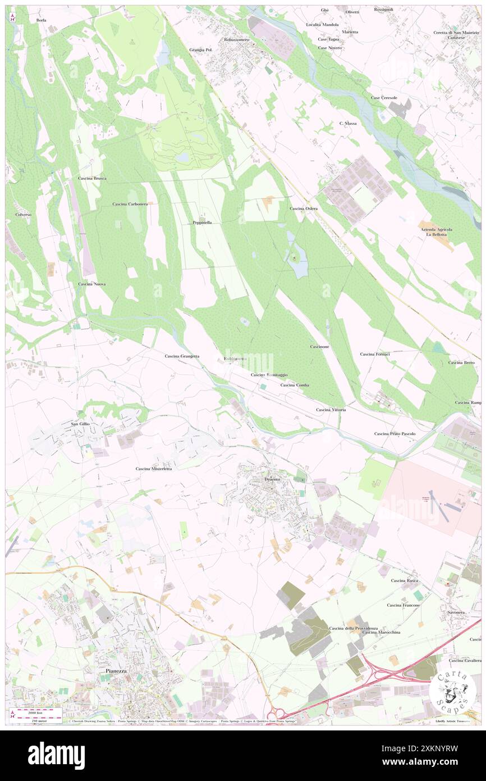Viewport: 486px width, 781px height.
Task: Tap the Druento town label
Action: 272,479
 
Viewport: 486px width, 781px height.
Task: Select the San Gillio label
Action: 80,424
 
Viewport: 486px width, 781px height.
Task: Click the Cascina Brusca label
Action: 92,178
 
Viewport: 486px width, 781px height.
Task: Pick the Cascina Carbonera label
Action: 130,204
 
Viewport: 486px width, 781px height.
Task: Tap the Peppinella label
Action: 201,223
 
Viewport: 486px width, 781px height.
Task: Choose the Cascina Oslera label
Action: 304,208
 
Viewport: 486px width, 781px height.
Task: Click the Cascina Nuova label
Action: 92,284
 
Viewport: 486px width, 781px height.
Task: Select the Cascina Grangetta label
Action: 182,356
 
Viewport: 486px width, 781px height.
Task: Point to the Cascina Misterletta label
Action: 154,469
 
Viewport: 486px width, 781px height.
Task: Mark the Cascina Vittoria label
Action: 331,410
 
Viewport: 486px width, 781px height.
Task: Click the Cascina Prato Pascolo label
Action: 395,434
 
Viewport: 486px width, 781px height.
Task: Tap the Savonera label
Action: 457,612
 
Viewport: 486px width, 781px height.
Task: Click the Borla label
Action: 41,20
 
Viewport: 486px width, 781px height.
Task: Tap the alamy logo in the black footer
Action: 56,755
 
